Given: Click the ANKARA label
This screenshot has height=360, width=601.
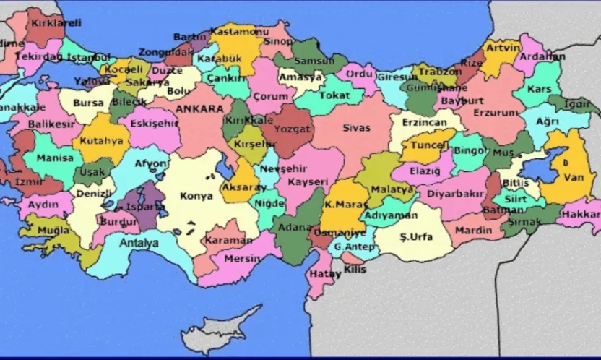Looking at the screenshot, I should (199, 109).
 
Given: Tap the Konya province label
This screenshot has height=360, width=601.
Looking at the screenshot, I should (196, 196).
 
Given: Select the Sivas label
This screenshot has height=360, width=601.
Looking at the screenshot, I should (357, 128).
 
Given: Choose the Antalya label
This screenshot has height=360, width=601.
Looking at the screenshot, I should (138, 243).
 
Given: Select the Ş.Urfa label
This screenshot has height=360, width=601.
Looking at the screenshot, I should (416, 236).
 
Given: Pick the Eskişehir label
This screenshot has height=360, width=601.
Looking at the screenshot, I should (153, 123).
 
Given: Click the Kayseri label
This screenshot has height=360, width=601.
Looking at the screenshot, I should (308, 181).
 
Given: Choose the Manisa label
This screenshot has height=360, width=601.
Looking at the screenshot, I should (56, 158).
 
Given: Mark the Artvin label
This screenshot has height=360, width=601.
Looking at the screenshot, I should (503, 48).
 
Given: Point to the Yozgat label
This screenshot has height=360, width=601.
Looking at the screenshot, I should (291, 129).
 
